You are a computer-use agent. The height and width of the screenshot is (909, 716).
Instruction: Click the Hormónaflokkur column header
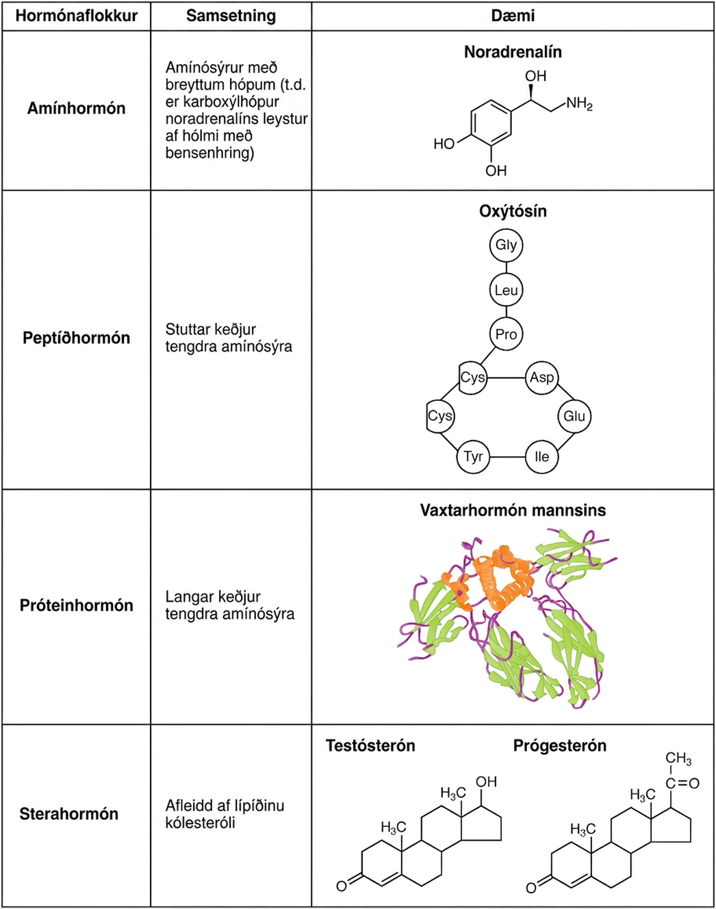77,16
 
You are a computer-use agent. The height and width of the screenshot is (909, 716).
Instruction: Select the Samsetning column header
231,16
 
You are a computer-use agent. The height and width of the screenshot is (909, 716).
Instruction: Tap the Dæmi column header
513,16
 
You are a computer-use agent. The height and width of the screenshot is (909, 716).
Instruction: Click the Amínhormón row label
77,109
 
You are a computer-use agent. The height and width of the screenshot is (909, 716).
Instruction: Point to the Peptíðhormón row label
77,338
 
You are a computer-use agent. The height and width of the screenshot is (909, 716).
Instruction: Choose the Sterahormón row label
69,814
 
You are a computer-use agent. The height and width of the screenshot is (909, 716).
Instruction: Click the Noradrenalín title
513,52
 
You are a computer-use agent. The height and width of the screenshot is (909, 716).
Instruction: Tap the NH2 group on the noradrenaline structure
579,103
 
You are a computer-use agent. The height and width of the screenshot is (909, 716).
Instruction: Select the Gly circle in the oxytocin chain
506,245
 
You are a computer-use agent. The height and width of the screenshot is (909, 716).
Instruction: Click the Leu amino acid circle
506,290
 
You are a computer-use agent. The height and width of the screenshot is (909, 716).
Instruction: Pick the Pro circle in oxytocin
506,334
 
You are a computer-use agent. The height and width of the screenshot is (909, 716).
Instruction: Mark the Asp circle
541,378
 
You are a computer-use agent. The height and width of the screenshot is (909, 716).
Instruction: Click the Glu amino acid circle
574,417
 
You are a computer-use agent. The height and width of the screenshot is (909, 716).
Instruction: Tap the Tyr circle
474,457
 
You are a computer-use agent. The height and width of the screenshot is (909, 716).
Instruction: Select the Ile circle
541,457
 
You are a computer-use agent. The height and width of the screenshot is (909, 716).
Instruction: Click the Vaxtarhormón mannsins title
513,510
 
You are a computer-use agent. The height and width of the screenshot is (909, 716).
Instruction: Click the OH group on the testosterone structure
486,782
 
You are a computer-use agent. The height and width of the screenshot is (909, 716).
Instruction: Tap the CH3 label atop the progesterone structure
678,759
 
